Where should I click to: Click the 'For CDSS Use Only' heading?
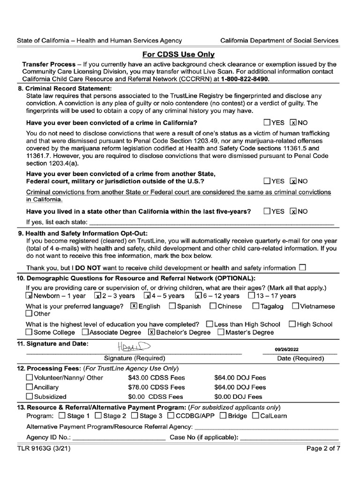click(x=180, y=54)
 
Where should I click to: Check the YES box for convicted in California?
click(x=267, y=123)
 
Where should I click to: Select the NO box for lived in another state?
click(x=294, y=211)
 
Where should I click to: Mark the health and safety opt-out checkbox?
click(x=302, y=268)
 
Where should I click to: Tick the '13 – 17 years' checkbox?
click(x=251, y=296)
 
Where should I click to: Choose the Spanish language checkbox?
click(x=172, y=306)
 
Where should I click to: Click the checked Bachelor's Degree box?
click(x=151, y=332)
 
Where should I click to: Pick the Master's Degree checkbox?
click(x=221, y=332)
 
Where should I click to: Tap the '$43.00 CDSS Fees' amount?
click(x=156, y=378)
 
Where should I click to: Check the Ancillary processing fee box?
click(x=30, y=387)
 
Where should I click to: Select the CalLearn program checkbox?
click(x=255, y=416)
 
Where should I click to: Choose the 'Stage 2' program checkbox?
click(x=98, y=416)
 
